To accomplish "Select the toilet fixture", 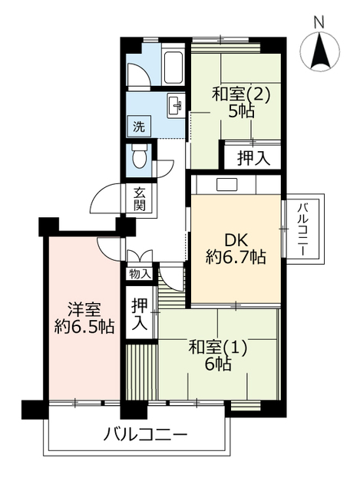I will [139, 158].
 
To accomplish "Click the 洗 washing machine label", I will [138, 126].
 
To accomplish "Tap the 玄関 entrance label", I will [140, 199].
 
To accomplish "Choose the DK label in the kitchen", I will [236, 238].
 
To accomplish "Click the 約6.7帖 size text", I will [236, 258].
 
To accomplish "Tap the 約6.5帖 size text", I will [84, 328].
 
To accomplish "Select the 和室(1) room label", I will [219, 347].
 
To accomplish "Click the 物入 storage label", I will [140, 273].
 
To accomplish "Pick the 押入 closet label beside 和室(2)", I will [252, 158].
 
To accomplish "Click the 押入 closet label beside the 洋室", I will [140, 313].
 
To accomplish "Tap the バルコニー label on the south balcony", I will [145, 435].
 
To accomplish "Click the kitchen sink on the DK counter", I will [227, 184].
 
